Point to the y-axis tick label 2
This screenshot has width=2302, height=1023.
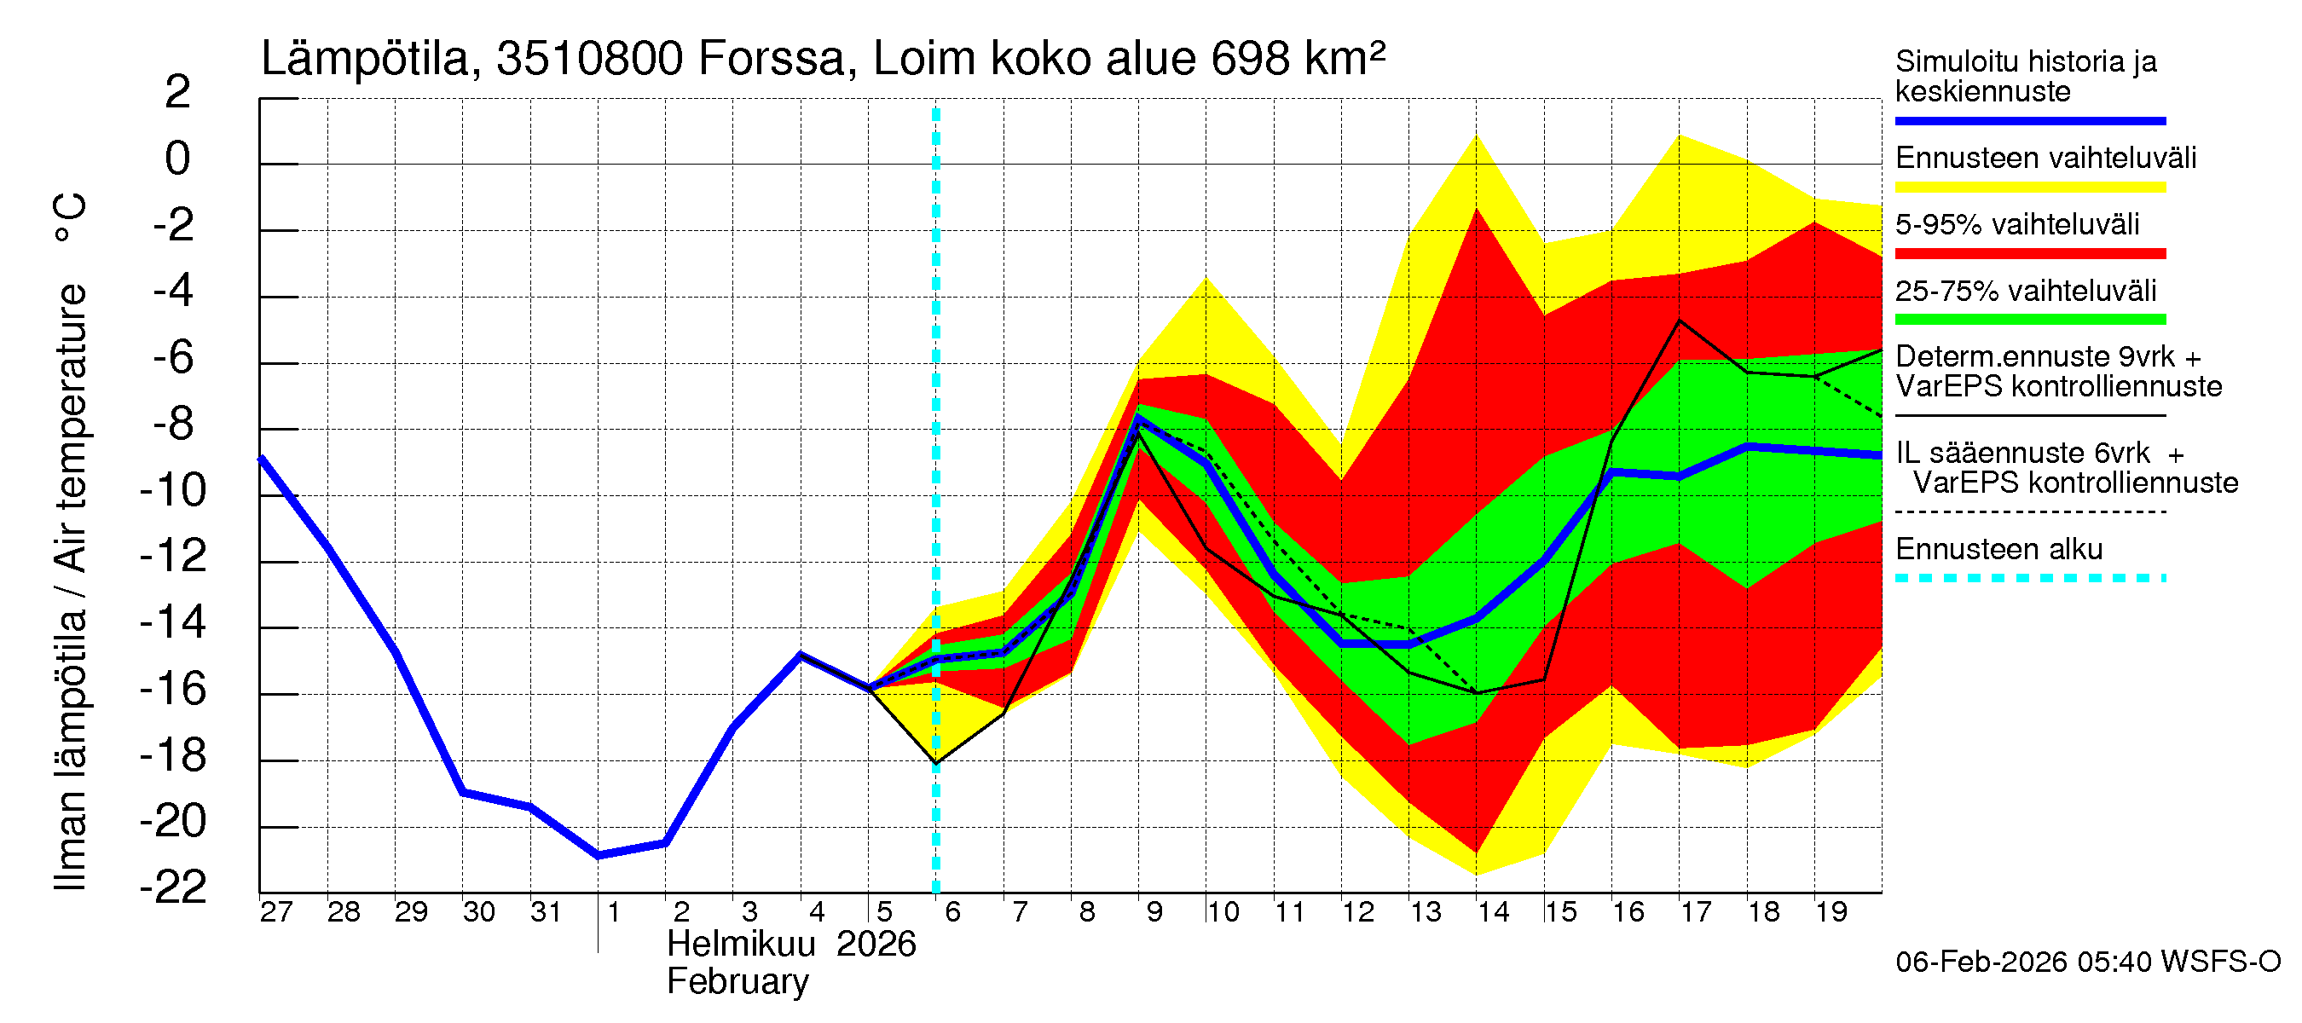click(178, 92)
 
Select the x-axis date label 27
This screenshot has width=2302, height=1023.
click(276, 912)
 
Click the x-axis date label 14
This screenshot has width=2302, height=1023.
click(1492, 912)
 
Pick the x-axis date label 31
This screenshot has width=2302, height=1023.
click(546, 912)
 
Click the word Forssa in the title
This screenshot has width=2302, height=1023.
click(770, 59)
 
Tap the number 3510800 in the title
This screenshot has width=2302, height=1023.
click(590, 59)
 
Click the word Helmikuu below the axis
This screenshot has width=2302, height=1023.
click(741, 945)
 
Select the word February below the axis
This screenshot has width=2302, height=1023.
click(737, 982)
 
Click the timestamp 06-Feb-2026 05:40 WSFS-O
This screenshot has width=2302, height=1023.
click(2087, 962)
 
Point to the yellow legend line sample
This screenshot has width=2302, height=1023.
click(2029, 188)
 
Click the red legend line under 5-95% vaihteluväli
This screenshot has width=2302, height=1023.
click(2029, 254)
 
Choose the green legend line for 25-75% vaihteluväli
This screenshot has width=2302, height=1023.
click(2029, 320)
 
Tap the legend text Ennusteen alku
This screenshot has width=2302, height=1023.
click(1998, 548)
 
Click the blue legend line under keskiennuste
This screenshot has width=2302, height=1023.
click(2029, 120)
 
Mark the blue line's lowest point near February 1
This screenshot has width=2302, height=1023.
click(598, 856)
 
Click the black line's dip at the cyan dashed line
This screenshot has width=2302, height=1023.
click(935, 763)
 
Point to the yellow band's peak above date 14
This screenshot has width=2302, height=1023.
click(1477, 136)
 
